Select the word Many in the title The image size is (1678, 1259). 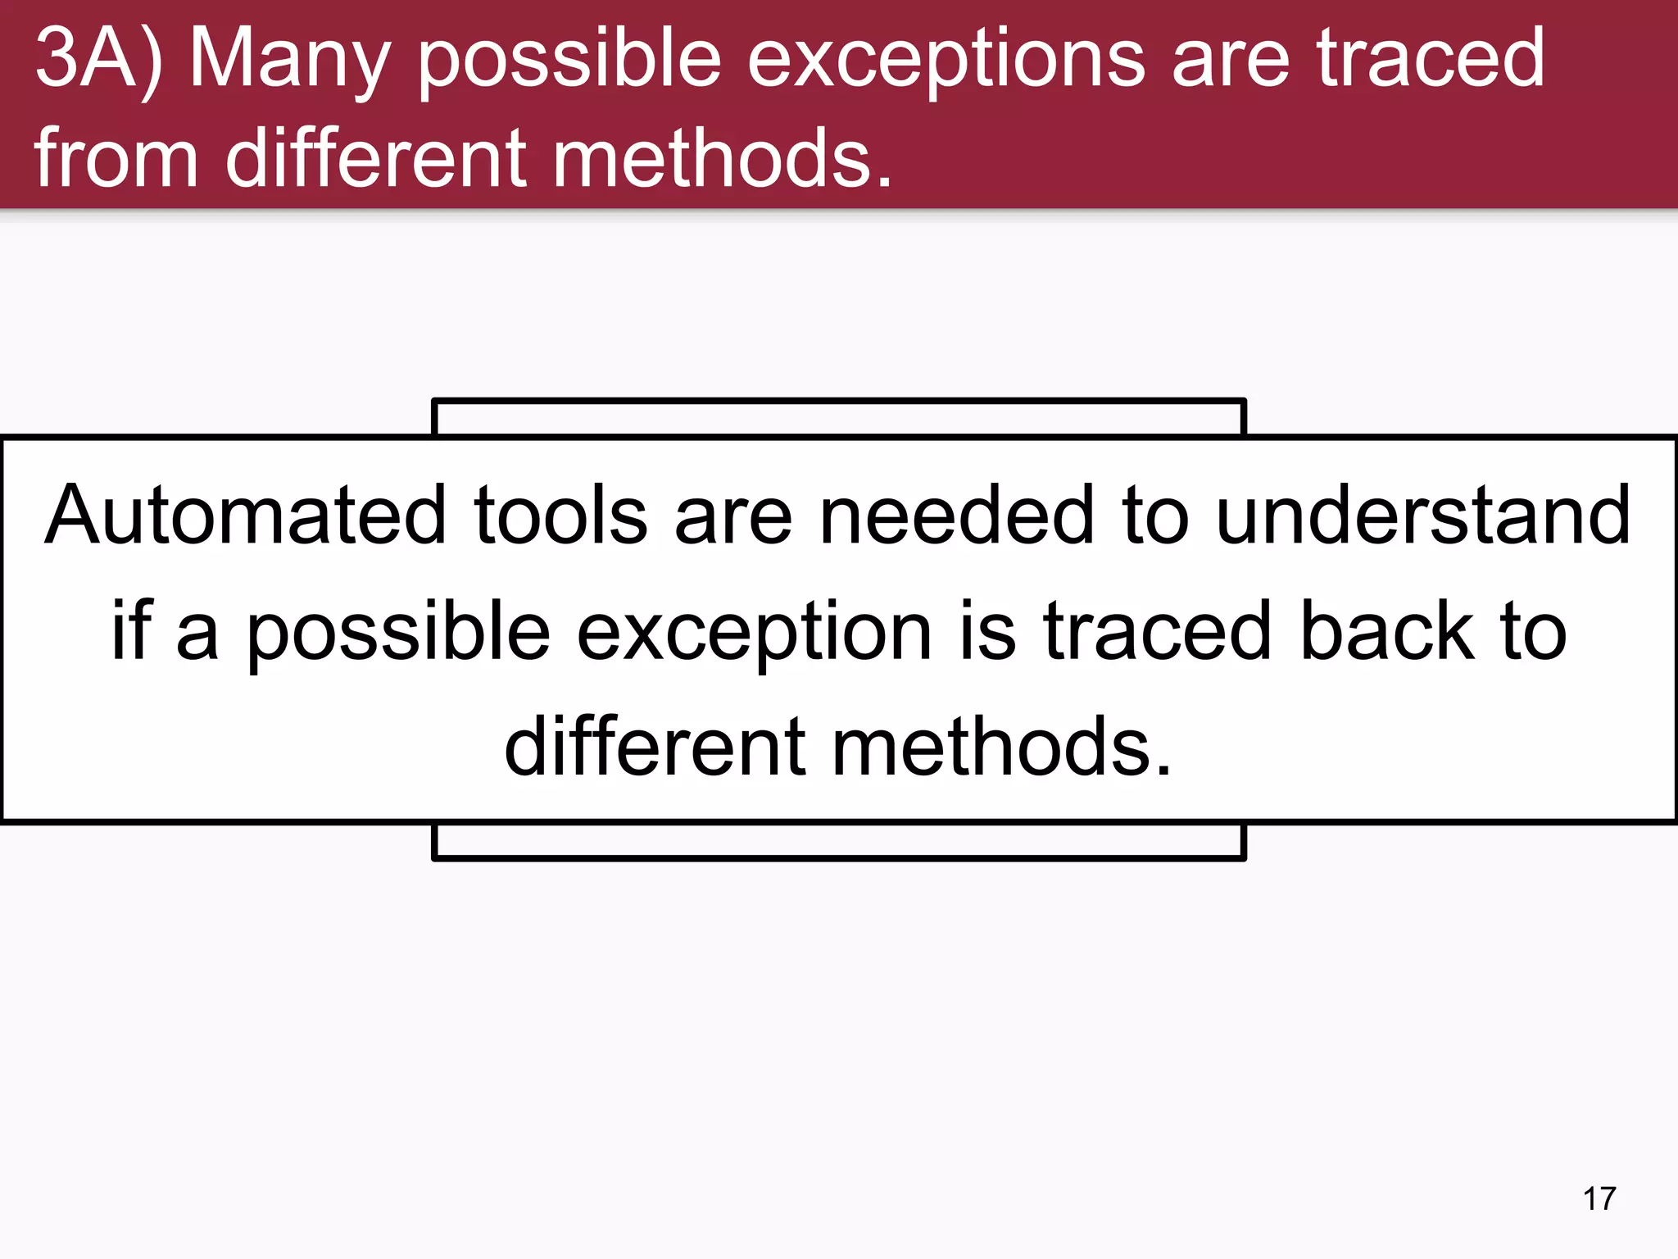289,59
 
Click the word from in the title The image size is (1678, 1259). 116,157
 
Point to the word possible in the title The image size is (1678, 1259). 569,59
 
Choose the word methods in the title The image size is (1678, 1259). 722,157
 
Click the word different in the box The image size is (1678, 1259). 655,746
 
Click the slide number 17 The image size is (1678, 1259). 1599,1199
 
